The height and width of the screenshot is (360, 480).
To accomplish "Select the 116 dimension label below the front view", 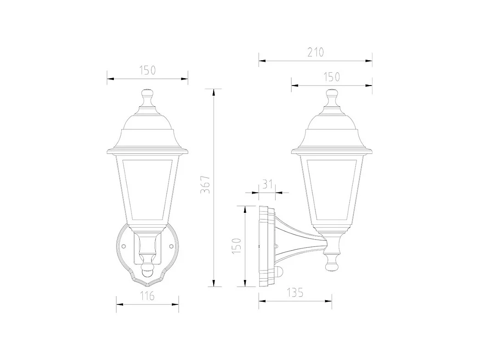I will (x=147, y=296).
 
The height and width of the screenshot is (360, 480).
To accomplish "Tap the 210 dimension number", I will (x=315, y=52).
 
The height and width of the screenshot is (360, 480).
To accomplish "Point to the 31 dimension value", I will (x=268, y=185).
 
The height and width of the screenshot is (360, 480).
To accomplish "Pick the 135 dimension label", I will (x=294, y=293).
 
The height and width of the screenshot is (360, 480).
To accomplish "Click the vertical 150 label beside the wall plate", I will (x=237, y=246).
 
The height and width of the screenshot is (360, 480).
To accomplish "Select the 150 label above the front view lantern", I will (x=147, y=70).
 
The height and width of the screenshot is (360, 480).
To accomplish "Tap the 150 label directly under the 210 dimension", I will (x=331, y=77).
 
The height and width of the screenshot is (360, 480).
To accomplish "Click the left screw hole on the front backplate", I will (x=123, y=246).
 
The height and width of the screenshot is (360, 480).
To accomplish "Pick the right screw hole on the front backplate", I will (x=171, y=246).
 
